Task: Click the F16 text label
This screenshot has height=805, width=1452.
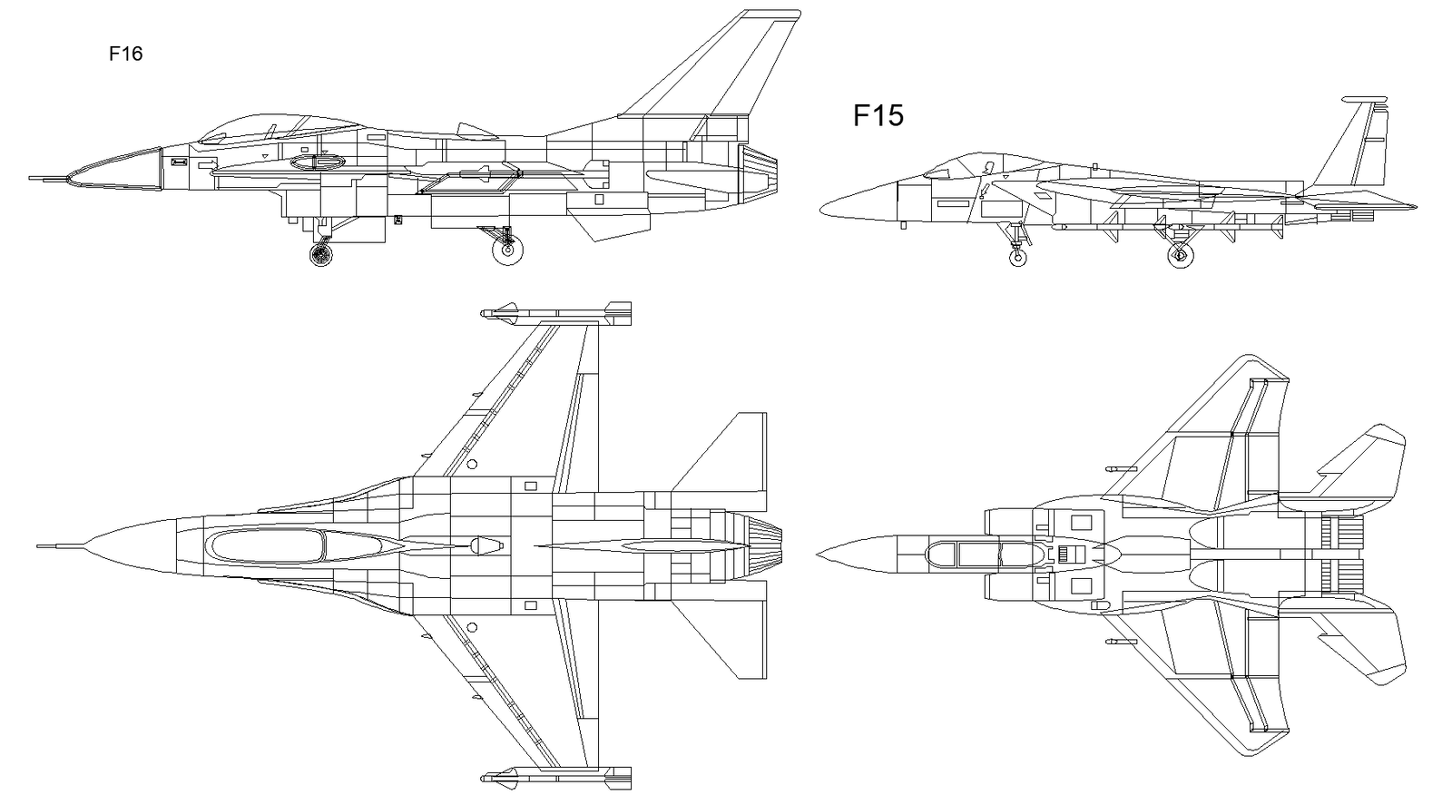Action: [x=125, y=54]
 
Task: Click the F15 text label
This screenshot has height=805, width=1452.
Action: [x=878, y=116]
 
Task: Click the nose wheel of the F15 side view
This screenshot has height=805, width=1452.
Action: [x=1019, y=258]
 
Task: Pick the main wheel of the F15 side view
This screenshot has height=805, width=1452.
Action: [x=1180, y=256]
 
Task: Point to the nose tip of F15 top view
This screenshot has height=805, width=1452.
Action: [x=819, y=554]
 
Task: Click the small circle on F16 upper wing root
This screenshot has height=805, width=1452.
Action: [x=472, y=465]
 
